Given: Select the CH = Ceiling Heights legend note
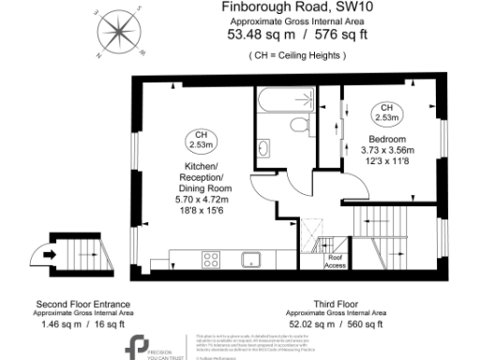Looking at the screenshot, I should tap(298, 56).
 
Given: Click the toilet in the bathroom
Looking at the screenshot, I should tap(299, 126).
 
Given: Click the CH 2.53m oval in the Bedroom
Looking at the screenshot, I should tap(385, 112).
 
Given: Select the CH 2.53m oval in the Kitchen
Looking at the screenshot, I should tap(200, 140).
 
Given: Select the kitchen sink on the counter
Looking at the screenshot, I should tap(250, 260).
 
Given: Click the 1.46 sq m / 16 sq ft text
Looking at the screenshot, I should tap(82, 323).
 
